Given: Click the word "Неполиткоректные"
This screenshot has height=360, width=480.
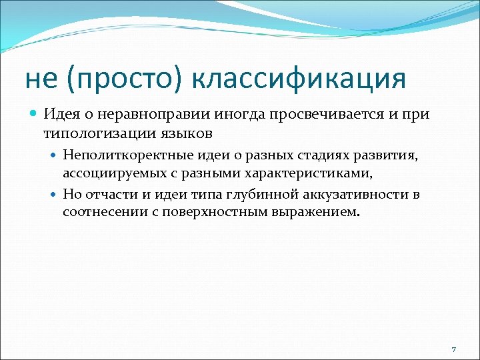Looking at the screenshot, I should pyautogui.click(x=118, y=156).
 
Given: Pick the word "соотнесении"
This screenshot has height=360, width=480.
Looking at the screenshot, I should pyautogui.click(x=100, y=213).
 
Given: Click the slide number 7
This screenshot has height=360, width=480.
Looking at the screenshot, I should pyautogui.click(x=453, y=350).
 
